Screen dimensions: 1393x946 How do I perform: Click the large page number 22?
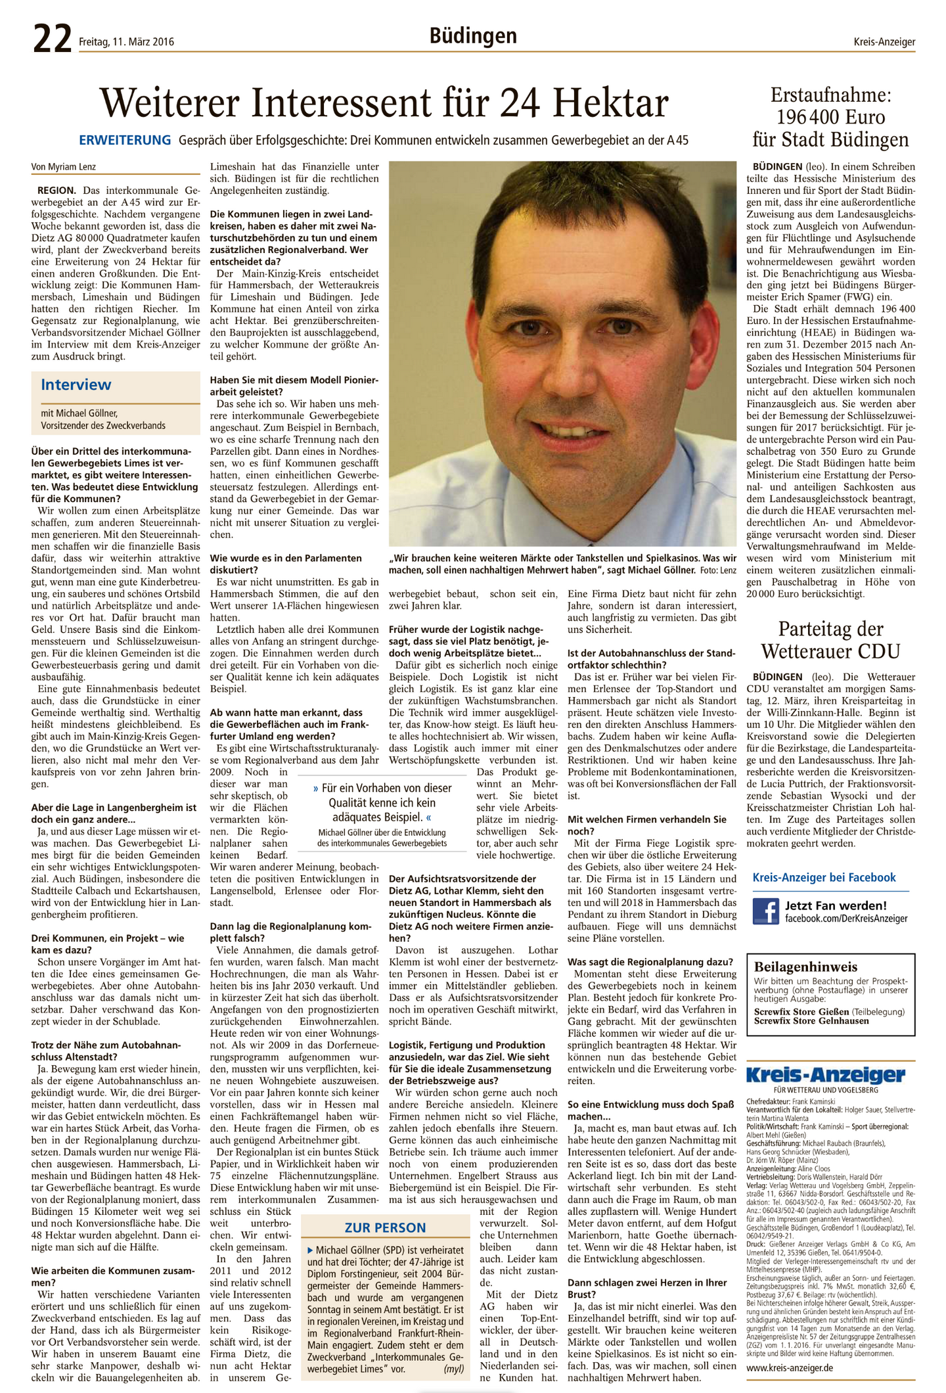[52, 39]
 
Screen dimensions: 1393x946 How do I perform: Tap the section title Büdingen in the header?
[473, 35]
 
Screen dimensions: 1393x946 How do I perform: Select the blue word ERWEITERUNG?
[125, 140]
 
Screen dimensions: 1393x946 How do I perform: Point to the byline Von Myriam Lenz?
[64, 167]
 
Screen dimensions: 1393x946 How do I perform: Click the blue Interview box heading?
[76, 384]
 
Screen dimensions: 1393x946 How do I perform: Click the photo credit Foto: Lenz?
[718, 570]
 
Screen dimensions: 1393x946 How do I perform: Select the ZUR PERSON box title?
[385, 1227]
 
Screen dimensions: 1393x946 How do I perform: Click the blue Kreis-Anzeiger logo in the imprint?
[825, 1075]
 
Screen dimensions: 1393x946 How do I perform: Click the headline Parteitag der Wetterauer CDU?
[830, 639]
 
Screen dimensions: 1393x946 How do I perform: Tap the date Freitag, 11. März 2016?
[126, 42]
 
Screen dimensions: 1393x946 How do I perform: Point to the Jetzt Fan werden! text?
[836, 905]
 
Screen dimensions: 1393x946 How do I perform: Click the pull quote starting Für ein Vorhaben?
[382, 802]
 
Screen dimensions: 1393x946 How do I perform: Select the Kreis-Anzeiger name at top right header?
[884, 42]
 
